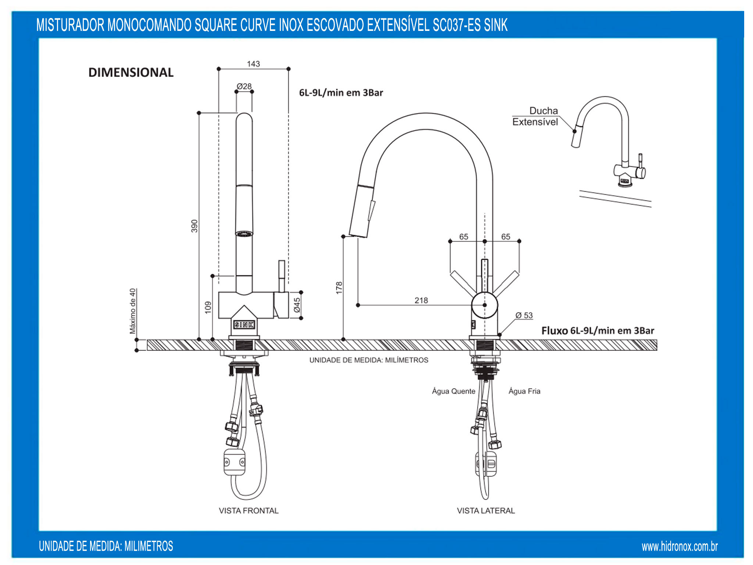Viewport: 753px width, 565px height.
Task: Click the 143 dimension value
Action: pos(253,64)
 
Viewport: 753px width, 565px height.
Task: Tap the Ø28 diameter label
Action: pos(244,86)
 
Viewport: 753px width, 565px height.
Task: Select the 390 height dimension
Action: pos(194,226)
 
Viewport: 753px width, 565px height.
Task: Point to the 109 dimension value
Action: pos(208,307)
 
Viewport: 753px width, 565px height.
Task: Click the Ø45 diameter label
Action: pos(297,305)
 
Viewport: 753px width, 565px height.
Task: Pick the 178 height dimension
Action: pos(339,288)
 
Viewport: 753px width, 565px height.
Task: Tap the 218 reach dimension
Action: pos(421,301)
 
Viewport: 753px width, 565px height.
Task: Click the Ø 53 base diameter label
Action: pos(524,315)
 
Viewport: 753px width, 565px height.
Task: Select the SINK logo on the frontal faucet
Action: pos(244,324)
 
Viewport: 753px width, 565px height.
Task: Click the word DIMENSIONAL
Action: pos(131,72)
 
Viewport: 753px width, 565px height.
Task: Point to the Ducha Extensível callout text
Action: pos(535,116)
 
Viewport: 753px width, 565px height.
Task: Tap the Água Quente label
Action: pos(454,391)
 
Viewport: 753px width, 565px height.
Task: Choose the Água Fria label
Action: pos(524,391)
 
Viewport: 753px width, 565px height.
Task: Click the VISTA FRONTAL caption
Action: pos(249,511)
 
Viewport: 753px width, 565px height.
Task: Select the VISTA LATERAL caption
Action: pos(486,511)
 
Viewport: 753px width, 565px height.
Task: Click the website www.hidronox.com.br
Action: pos(680,547)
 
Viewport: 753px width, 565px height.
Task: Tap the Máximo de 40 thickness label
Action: pos(133,311)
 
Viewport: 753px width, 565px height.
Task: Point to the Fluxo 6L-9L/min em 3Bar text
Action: pos(598,331)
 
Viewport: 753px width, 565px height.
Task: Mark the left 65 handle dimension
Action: pos(464,237)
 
